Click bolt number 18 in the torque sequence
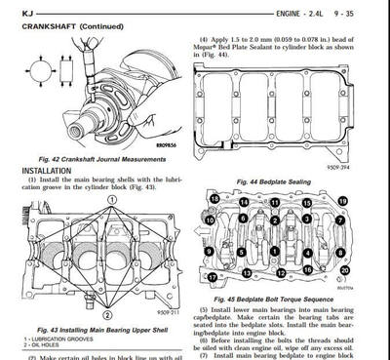click(x=214, y=199)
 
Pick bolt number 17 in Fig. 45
click(x=214, y=277)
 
